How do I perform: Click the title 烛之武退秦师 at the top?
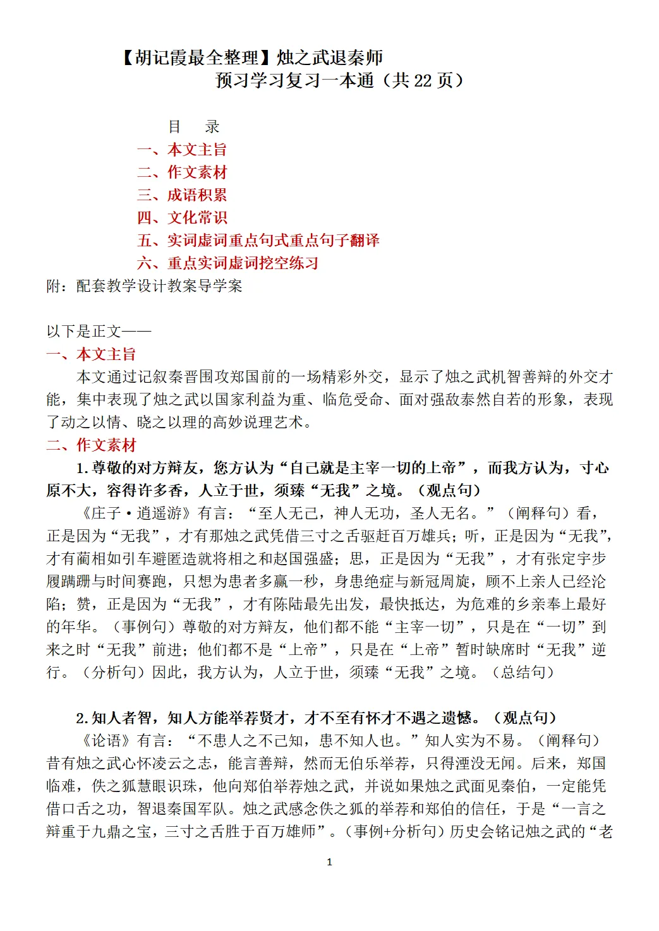coord(330,58)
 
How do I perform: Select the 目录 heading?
coord(193,127)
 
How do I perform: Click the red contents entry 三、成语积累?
coord(182,195)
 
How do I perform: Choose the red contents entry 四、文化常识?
coord(182,218)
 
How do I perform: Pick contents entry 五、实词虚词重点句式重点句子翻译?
coord(258,241)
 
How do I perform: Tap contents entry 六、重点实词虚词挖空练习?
coord(227,263)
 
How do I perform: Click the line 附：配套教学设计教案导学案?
coord(144,286)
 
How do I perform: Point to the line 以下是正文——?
coord(99,332)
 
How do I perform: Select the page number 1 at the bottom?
coord(329,862)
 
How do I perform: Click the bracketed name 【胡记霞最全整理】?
coord(196,58)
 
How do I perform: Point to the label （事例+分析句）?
coord(393,832)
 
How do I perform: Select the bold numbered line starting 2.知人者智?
coord(316,718)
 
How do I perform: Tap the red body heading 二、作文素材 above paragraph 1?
coord(91,445)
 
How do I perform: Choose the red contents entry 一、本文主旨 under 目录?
coord(182,150)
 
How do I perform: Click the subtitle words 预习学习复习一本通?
coord(294,81)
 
